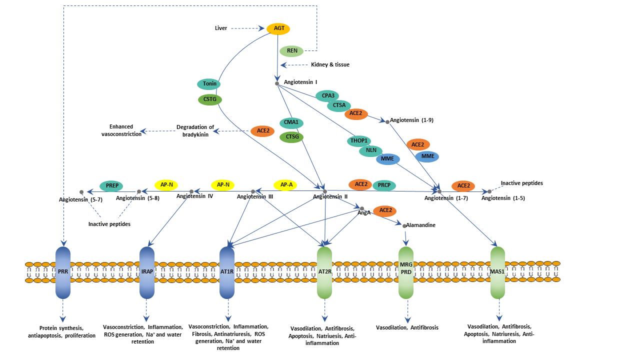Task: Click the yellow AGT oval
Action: pyautogui.click(x=279, y=28)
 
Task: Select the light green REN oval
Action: pyautogui.click(x=292, y=51)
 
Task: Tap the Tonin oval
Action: pyautogui.click(x=209, y=84)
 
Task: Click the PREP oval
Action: pyautogui.click(x=111, y=185)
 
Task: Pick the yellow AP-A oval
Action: pyautogui.click(x=286, y=185)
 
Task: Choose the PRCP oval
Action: pyautogui.click(x=384, y=185)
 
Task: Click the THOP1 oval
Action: pyautogui.click(x=359, y=141)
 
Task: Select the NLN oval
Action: pyautogui.click(x=370, y=150)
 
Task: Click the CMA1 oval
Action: pyautogui.click(x=291, y=123)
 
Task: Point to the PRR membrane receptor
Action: pyautogui.click(x=63, y=272)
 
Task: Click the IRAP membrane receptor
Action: pyautogui.click(x=147, y=272)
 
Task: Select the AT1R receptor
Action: pyautogui.click(x=227, y=272)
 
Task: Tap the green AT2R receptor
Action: pyautogui.click(x=324, y=272)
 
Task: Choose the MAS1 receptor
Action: pyautogui.click(x=497, y=272)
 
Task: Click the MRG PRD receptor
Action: pyautogui.click(x=405, y=272)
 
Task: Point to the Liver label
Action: pyautogui.click(x=221, y=28)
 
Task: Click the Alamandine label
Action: pyautogui.click(x=421, y=225)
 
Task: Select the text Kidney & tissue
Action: pyautogui.click(x=330, y=65)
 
